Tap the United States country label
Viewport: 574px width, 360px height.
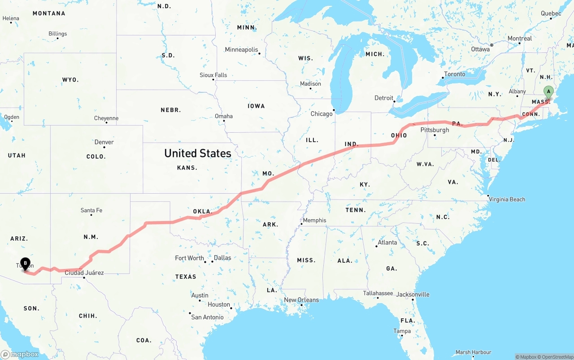click(198, 153)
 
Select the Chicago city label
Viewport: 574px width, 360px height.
click(322, 114)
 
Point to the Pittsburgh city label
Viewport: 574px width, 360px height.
click(435, 130)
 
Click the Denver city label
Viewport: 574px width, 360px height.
click(104, 142)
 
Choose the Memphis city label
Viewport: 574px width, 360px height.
click(315, 220)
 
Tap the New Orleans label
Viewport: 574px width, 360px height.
click(301, 300)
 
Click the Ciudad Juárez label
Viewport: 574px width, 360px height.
click(84, 273)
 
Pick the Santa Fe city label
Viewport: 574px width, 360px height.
click(91, 210)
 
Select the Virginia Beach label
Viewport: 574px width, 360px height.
click(507, 200)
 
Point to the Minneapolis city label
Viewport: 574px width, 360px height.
click(242, 50)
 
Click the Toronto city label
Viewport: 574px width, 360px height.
click(455, 74)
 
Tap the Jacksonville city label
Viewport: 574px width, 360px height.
click(413, 295)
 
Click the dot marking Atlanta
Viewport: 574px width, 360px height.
click(376, 246)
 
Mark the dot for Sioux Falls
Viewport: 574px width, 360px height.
click(213, 79)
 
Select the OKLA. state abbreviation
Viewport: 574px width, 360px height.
click(202, 211)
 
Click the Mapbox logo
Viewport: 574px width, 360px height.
click(20, 354)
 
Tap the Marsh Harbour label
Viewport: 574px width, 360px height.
click(473, 352)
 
